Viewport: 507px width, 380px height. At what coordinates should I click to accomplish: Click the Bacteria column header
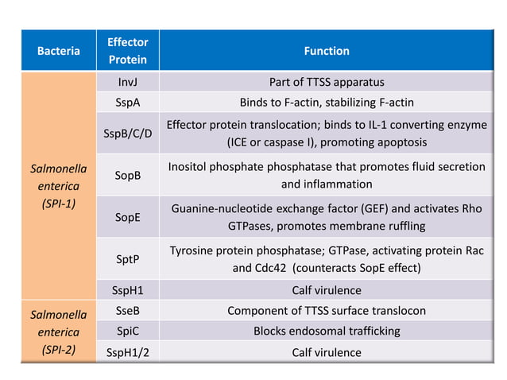(59, 51)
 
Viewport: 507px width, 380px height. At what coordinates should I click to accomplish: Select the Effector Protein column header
(127, 51)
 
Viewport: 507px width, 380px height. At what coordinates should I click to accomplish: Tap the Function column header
(327, 51)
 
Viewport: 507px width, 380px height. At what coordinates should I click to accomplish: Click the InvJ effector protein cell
(127, 82)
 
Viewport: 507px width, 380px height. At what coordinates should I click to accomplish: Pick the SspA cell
(127, 103)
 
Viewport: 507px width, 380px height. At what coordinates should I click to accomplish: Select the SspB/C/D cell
(127, 134)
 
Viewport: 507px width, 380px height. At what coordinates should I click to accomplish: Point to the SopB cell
(127, 175)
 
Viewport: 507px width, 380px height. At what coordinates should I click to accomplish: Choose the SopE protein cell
(127, 216)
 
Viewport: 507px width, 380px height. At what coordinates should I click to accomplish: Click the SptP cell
(127, 258)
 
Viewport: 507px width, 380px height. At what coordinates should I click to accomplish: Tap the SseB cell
(127, 311)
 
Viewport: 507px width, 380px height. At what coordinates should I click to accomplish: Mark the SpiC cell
(127, 332)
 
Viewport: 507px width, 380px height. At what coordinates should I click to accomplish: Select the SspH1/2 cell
(127, 352)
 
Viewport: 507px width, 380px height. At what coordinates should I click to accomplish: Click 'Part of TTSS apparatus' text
(327, 82)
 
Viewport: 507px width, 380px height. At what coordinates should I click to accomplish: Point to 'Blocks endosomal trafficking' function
(327, 332)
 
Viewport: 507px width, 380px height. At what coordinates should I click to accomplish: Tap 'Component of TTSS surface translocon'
(327, 311)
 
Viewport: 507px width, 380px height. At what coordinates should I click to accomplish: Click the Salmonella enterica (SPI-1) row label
(59, 185)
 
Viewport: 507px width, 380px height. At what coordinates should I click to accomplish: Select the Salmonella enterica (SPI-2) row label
(59, 332)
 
